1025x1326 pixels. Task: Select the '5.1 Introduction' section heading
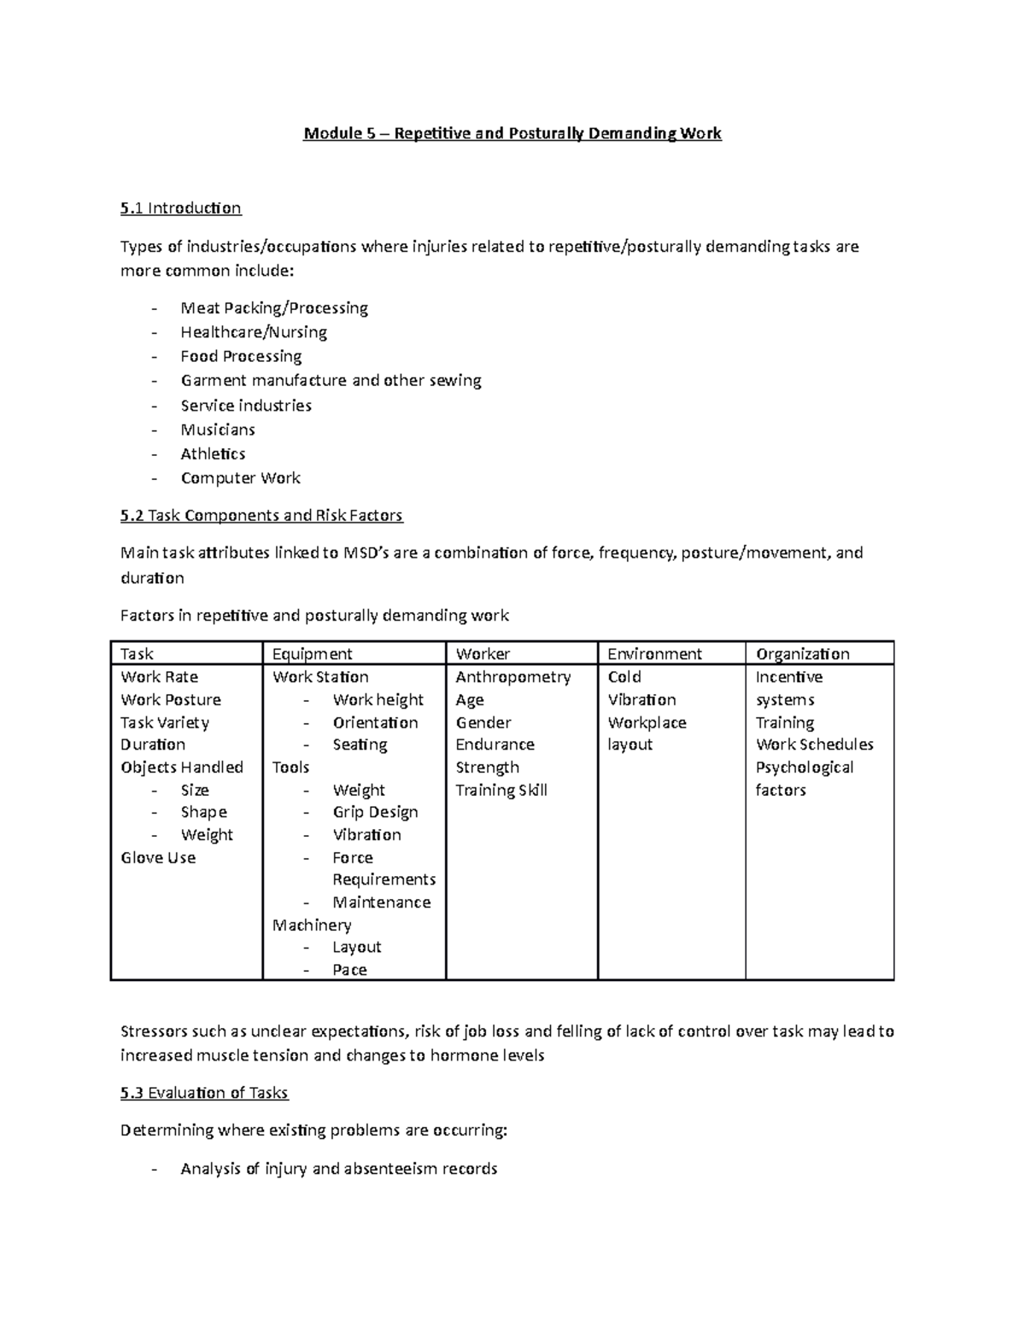[x=181, y=208]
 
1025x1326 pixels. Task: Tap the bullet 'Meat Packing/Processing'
[x=273, y=308]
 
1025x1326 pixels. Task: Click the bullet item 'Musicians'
[x=218, y=429]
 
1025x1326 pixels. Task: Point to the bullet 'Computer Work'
[x=240, y=478]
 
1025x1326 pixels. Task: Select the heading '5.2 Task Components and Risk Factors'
[x=261, y=516]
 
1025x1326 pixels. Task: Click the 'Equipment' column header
[x=312, y=654]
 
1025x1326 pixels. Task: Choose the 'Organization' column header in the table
[x=802, y=654]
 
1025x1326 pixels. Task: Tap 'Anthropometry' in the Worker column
[x=512, y=677]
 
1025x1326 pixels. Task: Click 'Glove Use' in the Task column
[x=158, y=858]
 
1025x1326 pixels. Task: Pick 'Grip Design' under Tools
[x=375, y=812]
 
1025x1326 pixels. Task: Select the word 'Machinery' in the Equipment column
[x=312, y=926]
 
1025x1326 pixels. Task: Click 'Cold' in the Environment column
[x=624, y=677]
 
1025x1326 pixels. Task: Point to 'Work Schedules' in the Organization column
[x=814, y=745]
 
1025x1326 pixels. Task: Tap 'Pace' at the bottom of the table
[x=349, y=970]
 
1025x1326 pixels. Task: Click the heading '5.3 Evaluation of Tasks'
[x=204, y=1093]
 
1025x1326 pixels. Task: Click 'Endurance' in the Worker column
[x=495, y=745]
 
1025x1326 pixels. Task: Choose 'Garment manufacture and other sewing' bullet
[x=331, y=381]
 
